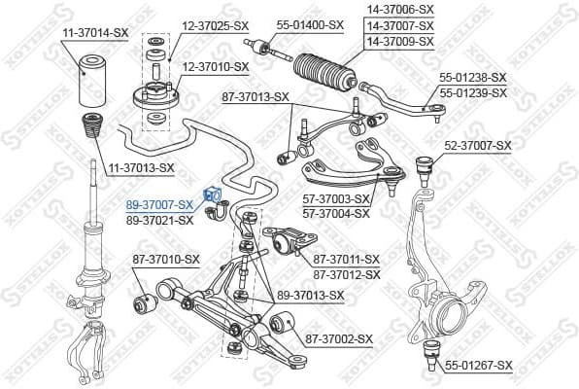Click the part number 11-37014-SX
coord(95,32)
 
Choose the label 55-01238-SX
coord(473,76)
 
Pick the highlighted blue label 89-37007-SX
coord(160,206)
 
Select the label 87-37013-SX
coord(256,96)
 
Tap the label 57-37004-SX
coord(337,212)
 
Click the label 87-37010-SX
coord(166,259)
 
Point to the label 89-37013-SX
coord(310,295)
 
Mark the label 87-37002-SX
coord(340,338)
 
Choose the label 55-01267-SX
coord(478,366)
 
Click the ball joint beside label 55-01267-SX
coord(431,354)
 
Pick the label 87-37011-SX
coord(346,259)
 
